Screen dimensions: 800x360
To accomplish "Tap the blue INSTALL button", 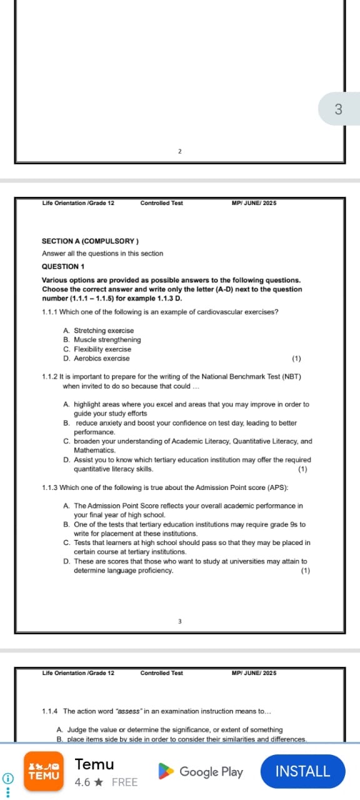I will coord(302,771).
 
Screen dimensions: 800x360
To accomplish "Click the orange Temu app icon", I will coord(44,771).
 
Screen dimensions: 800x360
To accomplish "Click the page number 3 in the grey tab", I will coord(339,109).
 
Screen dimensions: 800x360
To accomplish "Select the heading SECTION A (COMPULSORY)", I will coord(90,241).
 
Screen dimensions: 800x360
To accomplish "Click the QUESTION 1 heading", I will coord(64,266).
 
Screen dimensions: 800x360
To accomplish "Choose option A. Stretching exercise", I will coord(99,331).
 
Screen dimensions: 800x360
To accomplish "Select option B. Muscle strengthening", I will coord(102,340).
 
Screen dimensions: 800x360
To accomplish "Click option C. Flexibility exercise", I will coord(97,349).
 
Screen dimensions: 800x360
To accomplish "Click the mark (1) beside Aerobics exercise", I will coord(296,359).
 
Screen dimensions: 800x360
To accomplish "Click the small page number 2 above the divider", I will coord(179,151).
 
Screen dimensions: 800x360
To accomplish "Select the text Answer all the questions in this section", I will coord(102,254).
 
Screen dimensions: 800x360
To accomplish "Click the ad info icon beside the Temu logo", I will coord(7,778).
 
